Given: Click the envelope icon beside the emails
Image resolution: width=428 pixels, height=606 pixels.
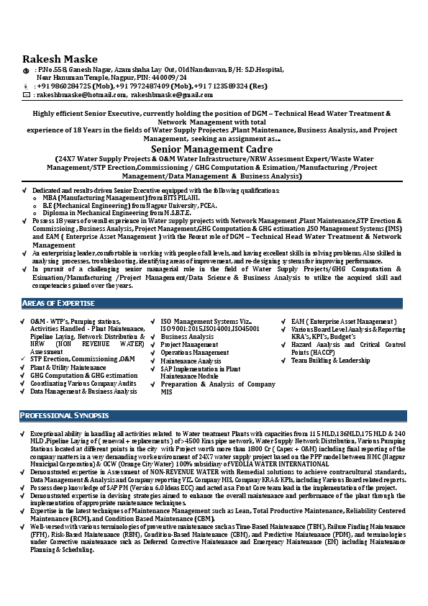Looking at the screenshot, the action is click(x=27, y=94).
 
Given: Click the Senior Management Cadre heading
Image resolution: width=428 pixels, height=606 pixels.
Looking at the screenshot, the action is click(x=214, y=148).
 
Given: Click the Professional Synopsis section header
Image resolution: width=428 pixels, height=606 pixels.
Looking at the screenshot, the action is click(x=65, y=416).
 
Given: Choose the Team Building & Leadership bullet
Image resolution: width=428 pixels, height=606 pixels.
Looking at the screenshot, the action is click(x=331, y=361).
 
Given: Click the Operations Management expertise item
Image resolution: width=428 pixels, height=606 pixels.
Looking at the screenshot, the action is click(x=195, y=353).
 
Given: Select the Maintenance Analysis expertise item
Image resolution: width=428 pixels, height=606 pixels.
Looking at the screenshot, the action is click(x=191, y=361).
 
